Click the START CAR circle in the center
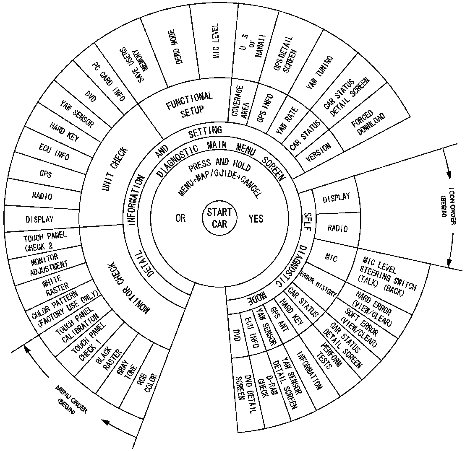pos(219,218)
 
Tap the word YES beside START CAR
pos(256,218)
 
